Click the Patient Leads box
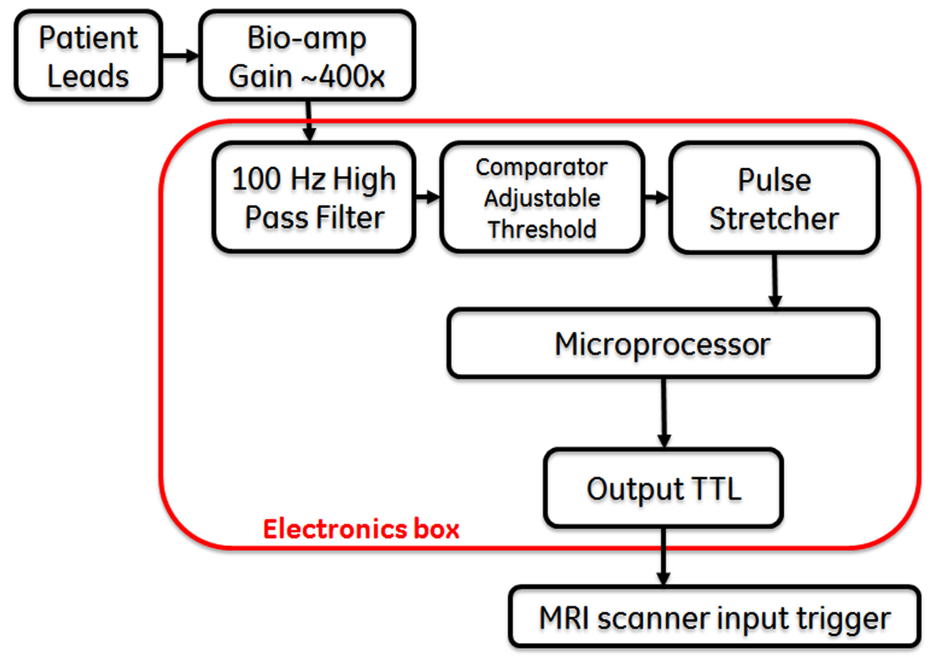[x=89, y=56]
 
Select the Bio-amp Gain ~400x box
[x=307, y=56]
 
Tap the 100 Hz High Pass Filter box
[x=314, y=197]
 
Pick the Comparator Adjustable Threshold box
[x=542, y=197]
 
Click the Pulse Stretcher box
[x=774, y=198]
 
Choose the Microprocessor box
[x=662, y=344]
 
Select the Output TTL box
[x=663, y=488]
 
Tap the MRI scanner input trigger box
[x=715, y=618]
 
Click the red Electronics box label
[x=361, y=529]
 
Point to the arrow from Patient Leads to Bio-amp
[x=180, y=56]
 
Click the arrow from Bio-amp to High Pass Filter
[x=309, y=121]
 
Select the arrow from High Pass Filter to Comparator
[x=428, y=197]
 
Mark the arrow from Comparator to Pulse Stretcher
[x=656, y=197]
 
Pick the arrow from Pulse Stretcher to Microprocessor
[x=775, y=281]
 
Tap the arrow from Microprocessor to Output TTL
[x=664, y=413]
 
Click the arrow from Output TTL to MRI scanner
[x=664, y=556]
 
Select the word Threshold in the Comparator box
[x=542, y=230]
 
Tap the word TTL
[x=716, y=489]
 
